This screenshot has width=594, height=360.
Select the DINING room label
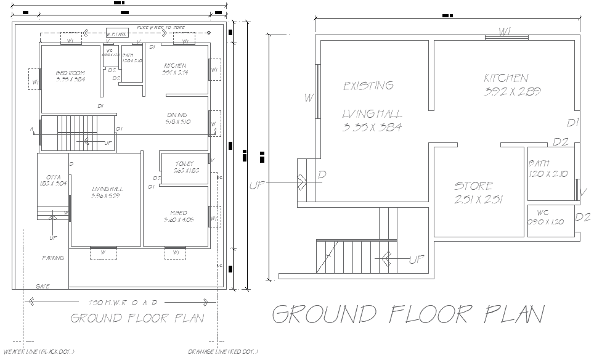tap(177, 115)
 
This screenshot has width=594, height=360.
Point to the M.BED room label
tap(179, 213)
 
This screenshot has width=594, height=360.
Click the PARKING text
tap(53, 258)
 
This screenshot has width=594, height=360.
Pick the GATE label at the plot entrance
tap(43, 286)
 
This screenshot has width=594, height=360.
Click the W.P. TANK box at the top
tap(117, 33)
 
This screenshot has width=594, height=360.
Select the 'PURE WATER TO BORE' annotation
tap(161, 28)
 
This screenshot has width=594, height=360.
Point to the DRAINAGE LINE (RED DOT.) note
tap(223, 352)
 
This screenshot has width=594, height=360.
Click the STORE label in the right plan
tap(474, 186)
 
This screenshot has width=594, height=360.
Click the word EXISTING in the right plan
tap(368, 86)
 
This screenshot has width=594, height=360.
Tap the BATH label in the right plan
tap(539, 164)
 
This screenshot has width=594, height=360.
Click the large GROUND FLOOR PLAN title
tap(408, 314)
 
